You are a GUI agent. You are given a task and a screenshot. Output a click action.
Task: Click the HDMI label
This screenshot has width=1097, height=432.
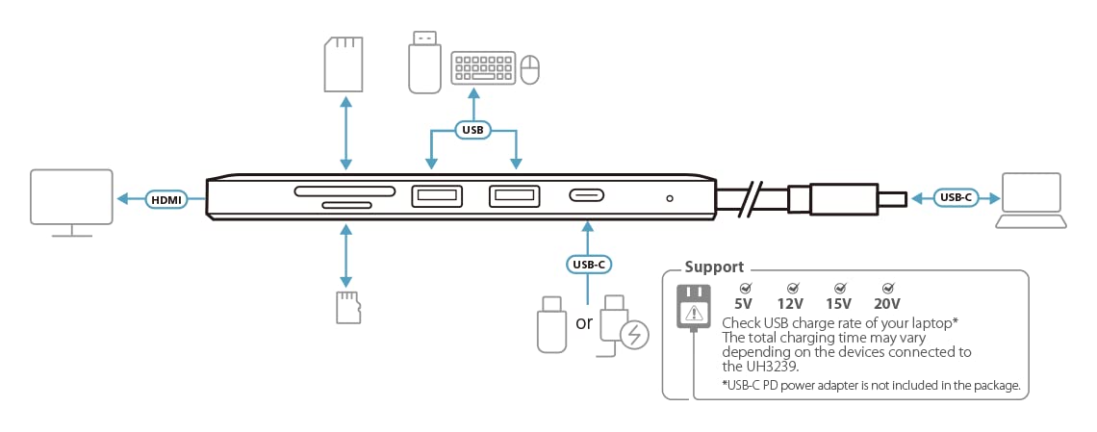[166, 200]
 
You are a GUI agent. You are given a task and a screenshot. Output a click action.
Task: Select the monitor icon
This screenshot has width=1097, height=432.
[71, 203]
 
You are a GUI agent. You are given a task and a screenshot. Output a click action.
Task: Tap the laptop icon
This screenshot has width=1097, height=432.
[1032, 201]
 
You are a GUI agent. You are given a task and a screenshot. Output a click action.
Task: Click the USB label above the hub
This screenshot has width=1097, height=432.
[472, 129]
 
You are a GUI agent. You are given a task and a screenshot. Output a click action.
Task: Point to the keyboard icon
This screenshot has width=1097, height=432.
[483, 68]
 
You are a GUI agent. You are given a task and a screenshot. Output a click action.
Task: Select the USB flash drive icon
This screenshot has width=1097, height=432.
[424, 62]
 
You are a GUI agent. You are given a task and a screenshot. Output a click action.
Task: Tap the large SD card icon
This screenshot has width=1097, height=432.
[344, 64]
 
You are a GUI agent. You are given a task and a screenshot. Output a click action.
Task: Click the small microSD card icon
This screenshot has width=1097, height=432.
[348, 308]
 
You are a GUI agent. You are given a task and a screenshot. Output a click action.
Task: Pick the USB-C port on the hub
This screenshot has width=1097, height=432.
[586, 195]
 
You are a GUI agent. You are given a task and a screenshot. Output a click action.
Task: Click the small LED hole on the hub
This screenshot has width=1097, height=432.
[670, 198]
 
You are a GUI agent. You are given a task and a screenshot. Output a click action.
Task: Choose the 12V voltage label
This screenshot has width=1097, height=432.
[790, 304]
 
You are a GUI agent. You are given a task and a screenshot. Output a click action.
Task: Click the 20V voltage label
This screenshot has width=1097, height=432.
[886, 304]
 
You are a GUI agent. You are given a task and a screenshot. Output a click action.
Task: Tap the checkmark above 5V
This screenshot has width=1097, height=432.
[745, 288]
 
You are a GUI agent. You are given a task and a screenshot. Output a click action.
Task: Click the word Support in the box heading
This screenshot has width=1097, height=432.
[714, 267]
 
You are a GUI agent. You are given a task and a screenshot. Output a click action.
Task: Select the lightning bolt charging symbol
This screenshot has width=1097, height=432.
[634, 335]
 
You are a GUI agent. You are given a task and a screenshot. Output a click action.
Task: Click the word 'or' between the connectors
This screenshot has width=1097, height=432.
[583, 323]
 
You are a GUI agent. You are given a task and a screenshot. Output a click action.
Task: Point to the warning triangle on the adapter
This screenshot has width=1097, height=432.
[693, 311]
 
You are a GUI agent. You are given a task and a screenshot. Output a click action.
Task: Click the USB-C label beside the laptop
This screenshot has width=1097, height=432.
[956, 198]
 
